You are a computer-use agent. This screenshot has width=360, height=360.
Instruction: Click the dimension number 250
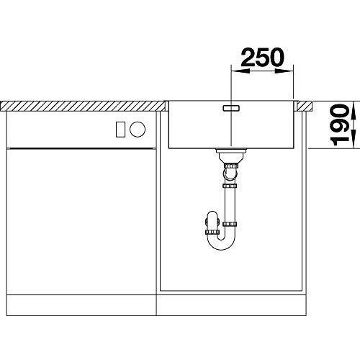tap(262, 57)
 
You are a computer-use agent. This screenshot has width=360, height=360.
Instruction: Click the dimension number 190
tap(339, 125)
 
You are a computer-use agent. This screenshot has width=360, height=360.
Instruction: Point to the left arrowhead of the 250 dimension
tap(239, 71)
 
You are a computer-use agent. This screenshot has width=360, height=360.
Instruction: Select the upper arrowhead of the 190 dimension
tap(354, 109)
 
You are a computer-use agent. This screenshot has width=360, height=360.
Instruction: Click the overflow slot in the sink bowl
tap(231, 108)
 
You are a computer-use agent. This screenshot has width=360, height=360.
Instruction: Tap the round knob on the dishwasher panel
tap(138, 129)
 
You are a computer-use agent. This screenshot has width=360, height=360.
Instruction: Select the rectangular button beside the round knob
tap(120, 130)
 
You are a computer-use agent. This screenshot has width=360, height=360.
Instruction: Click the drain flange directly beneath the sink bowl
tap(231, 150)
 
